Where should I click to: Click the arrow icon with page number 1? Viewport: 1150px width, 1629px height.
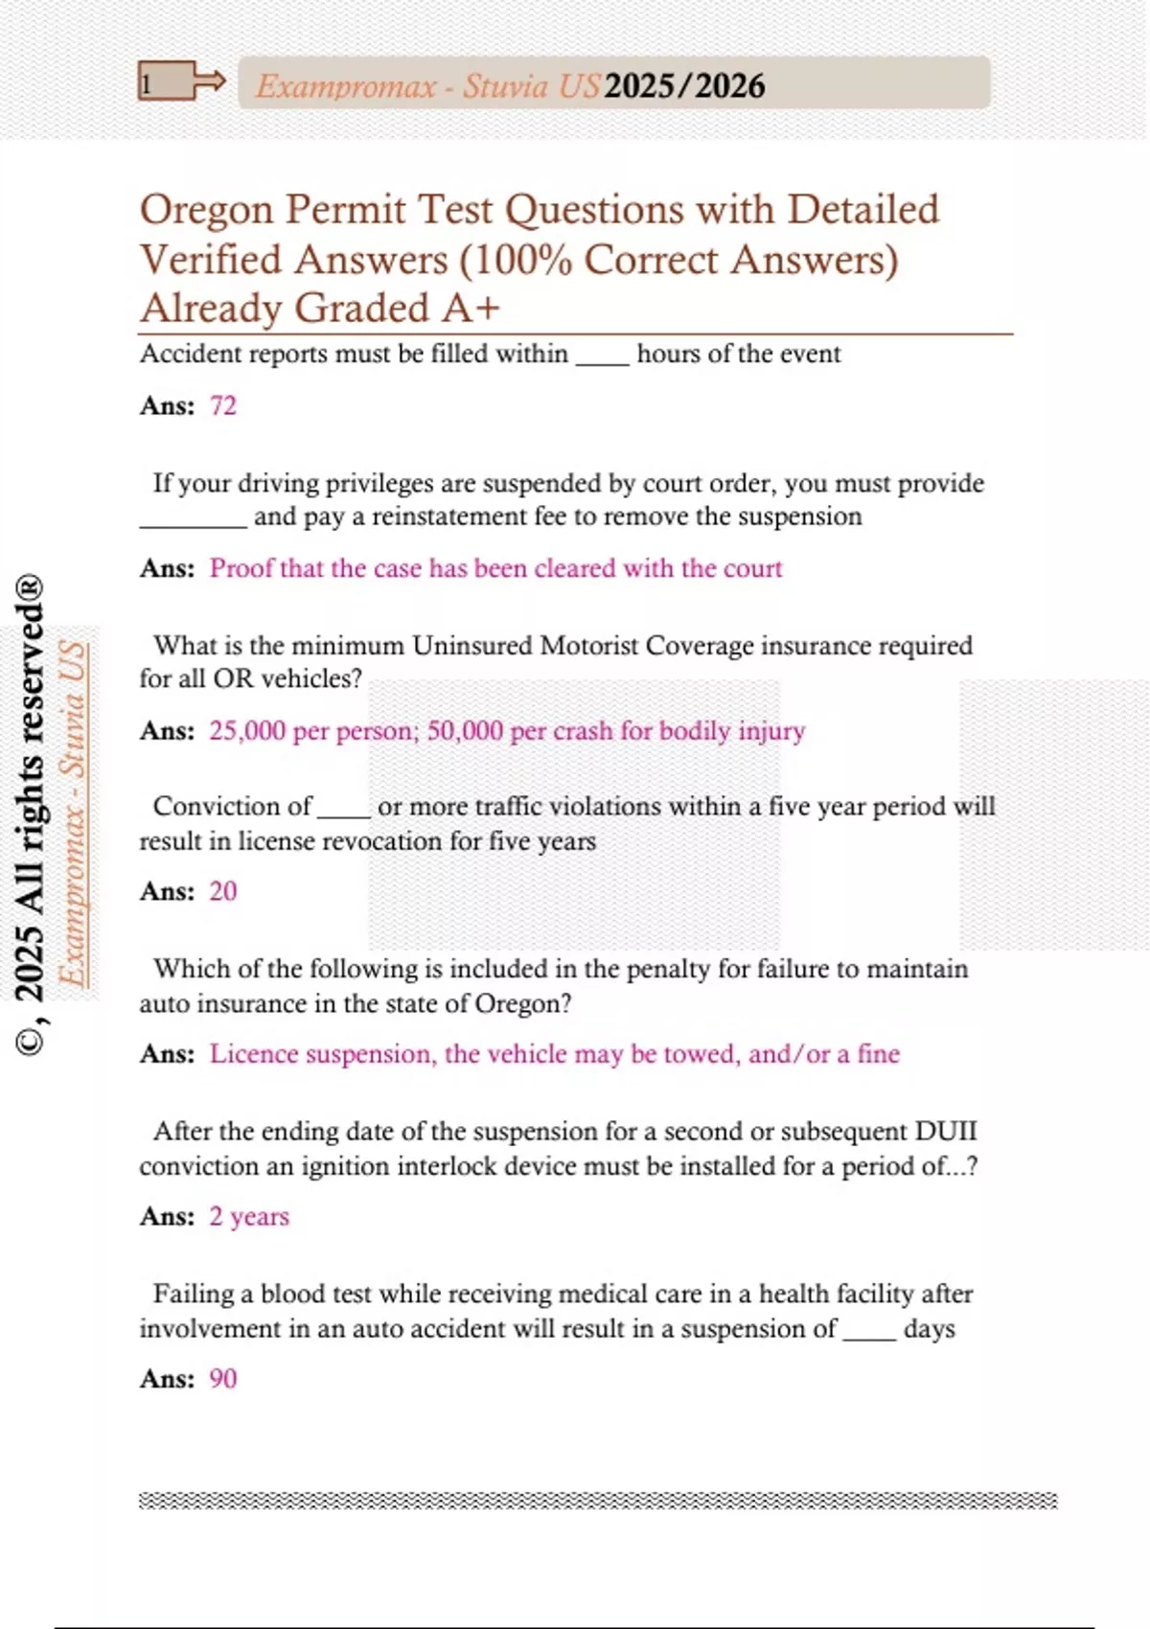181,82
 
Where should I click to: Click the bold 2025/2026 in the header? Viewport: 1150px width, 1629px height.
684,86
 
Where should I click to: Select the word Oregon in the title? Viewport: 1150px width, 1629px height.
206,210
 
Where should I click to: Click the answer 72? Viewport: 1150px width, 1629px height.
222,406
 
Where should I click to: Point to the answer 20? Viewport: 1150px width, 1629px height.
222,892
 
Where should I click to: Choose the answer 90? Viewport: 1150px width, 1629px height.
222,1379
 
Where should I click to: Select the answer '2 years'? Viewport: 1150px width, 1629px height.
249,1217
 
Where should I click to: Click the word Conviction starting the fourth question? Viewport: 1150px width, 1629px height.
232,807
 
